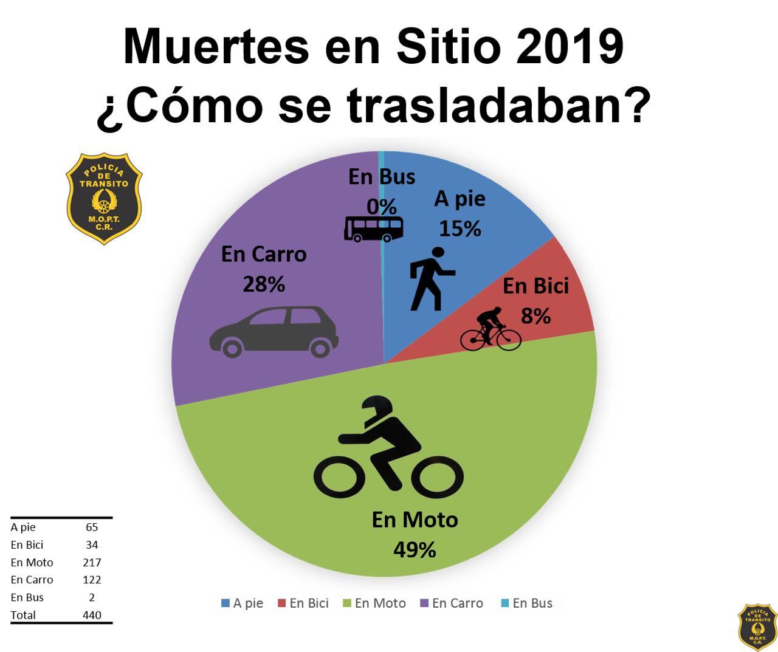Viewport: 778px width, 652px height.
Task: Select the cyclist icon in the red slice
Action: [491, 329]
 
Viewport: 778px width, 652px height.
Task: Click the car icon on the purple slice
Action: [274, 331]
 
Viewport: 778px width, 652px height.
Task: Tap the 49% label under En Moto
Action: [415, 549]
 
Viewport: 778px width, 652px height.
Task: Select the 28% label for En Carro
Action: [264, 284]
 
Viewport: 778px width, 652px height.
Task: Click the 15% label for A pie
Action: [460, 228]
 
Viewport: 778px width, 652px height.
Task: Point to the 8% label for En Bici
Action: [535, 316]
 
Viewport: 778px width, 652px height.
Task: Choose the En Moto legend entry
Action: [374, 603]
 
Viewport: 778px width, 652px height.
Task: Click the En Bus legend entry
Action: [526, 603]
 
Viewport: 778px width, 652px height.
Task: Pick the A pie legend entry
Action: [243, 603]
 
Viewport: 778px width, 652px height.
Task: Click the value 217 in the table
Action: [92, 562]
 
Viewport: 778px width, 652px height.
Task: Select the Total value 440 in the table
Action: [92, 615]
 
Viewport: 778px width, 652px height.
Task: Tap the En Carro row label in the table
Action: [32, 580]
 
